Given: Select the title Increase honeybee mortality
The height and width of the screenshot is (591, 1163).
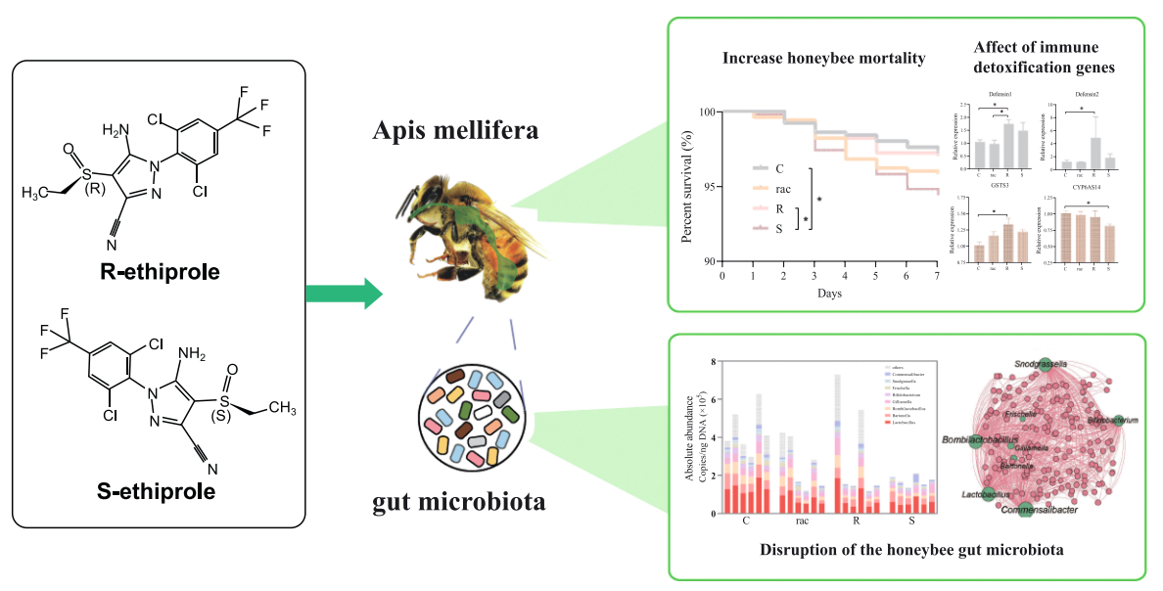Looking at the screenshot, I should tap(823, 58).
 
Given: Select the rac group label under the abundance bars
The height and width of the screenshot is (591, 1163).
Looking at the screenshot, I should tap(801, 522).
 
